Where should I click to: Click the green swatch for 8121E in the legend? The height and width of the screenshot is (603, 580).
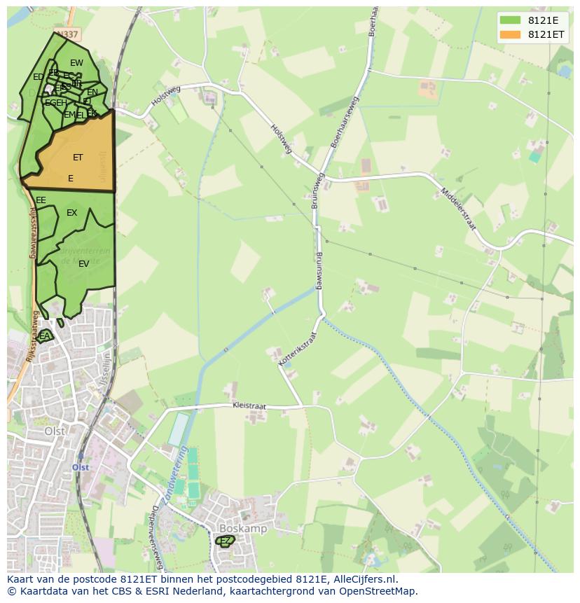tap(510, 20)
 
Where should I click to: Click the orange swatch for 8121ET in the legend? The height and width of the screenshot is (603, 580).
tap(510, 34)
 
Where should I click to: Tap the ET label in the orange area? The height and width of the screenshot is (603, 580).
tap(78, 158)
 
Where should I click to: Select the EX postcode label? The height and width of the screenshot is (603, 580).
tap(71, 213)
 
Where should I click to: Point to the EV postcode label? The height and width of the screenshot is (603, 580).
tap(83, 264)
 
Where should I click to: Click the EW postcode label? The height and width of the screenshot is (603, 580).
tap(76, 63)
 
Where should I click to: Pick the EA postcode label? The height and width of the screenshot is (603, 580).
tap(45, 336)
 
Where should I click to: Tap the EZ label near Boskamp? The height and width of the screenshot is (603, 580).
tap(225, 541)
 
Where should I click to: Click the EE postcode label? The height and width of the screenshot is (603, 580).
tap(41, 200)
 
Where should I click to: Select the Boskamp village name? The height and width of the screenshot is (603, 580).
tap(243, 529)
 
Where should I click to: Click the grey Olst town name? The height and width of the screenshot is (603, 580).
tap(55, 431)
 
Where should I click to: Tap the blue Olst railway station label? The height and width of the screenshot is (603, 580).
tap(81, 467)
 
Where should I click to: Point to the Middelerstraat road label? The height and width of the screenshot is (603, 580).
tap(458, 209)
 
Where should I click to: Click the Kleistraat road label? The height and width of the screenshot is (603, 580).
tap(251, 406)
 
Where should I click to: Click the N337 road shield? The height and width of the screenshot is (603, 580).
tap(69, 34)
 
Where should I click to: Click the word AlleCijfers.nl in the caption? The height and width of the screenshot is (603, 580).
tap(365, 579)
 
